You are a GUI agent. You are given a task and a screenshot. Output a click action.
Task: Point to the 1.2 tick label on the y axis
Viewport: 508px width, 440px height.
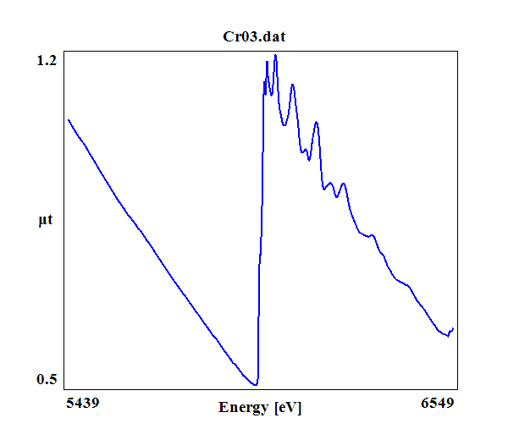[x=47, y=61]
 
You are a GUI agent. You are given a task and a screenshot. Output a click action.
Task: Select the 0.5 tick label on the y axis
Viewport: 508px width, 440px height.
[x=47, y=379]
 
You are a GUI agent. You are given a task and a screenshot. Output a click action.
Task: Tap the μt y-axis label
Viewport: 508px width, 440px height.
[x=46, y=222]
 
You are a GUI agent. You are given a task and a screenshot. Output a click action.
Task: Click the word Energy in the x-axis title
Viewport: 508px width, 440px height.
[x=244, y=408]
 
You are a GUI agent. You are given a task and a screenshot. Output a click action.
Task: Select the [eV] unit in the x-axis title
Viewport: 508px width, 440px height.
[x=288, y=408]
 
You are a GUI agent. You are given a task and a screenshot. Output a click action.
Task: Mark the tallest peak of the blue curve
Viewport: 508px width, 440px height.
[x=275, y=55]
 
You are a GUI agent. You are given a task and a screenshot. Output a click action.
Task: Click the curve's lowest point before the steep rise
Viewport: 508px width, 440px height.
[x=255, y=385]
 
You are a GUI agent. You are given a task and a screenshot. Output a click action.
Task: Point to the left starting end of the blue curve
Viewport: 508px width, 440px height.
[x=68, y=119]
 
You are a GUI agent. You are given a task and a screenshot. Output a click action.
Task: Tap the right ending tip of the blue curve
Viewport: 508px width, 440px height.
[x=453, y=328]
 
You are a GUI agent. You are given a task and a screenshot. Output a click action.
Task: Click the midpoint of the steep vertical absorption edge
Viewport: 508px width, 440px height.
[x=260, y=228]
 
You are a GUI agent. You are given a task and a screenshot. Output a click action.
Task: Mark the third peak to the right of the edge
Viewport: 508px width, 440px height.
[x=292, y=85]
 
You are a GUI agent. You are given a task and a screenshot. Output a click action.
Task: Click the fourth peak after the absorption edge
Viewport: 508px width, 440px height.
[x=316, y=123]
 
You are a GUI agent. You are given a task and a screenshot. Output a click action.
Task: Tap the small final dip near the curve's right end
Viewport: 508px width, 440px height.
[x=448, y=336]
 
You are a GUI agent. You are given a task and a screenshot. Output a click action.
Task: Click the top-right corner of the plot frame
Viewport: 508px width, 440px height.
[x=458, y=51]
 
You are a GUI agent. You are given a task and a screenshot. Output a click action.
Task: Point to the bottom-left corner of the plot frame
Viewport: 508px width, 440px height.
[x=63, y=389]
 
